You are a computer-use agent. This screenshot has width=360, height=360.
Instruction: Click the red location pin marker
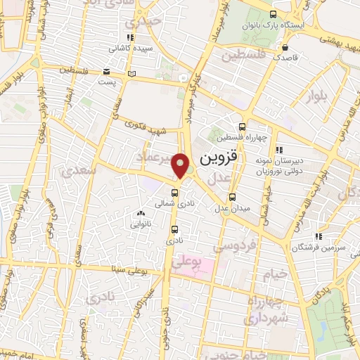coord(181,165)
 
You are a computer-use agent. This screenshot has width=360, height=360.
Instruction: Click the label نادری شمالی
coord(174,202)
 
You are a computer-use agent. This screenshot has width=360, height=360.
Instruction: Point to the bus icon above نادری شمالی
coord(175,191)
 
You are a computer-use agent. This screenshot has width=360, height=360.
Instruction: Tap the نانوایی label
coord(141,225)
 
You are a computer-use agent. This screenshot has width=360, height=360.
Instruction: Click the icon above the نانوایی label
coord(141,214)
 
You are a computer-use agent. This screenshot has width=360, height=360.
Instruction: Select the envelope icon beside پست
coord(106,72)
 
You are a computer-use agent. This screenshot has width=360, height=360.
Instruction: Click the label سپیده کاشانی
coord(128,49)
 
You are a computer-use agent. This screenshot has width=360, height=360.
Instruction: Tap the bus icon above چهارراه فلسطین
coord(243,127)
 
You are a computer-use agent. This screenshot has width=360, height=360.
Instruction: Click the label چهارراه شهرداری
coord(262,309)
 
